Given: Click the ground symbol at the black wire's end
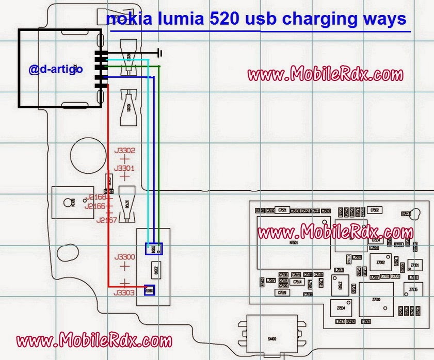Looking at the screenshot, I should pos(160,52).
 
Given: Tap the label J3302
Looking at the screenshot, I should pos(124,151).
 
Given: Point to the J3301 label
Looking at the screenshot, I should pos(124,168).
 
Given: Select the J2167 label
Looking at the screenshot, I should pos(107,220).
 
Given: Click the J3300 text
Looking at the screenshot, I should pos(124,257).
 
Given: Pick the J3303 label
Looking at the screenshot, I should pos(124,292).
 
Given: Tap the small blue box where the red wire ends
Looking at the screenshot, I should pos(150,290).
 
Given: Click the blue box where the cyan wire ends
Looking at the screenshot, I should pos(154,249).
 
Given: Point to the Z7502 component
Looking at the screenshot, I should pos(380,262).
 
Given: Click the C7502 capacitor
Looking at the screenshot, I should pos(374,210).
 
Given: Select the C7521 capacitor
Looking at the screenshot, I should pos(282,210).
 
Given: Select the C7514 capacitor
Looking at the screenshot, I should pos(297,282).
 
